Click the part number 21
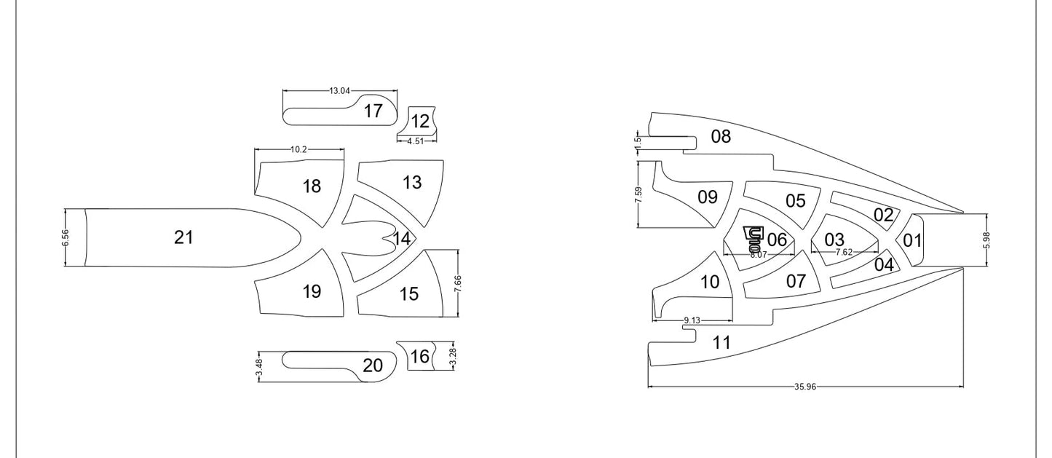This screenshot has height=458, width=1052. coord(183,237)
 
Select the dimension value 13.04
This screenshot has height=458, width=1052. coord(339,91)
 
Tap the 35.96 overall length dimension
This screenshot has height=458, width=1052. coord(805,387)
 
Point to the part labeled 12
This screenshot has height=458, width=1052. coord(420,122)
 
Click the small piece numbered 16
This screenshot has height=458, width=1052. coord(419,357)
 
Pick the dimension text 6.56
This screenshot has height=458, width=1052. coord(66,237)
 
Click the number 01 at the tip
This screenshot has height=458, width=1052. coord(912,240)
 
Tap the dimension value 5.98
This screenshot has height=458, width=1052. coord(986,240)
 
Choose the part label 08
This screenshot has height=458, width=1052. coord(721,136)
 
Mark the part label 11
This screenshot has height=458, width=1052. coord(721,343)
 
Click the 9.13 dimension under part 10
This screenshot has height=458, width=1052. coord(692,320)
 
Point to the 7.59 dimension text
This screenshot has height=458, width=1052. coord(638,195)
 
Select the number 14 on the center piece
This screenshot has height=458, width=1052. coord(402,238)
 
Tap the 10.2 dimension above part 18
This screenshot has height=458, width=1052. coord(298,149)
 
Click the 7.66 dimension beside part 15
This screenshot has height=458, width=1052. coord(458,283)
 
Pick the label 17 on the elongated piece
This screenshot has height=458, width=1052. coord(373,111)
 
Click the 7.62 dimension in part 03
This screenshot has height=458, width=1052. coord(843,252)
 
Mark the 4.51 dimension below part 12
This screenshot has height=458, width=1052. coord(415,141)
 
